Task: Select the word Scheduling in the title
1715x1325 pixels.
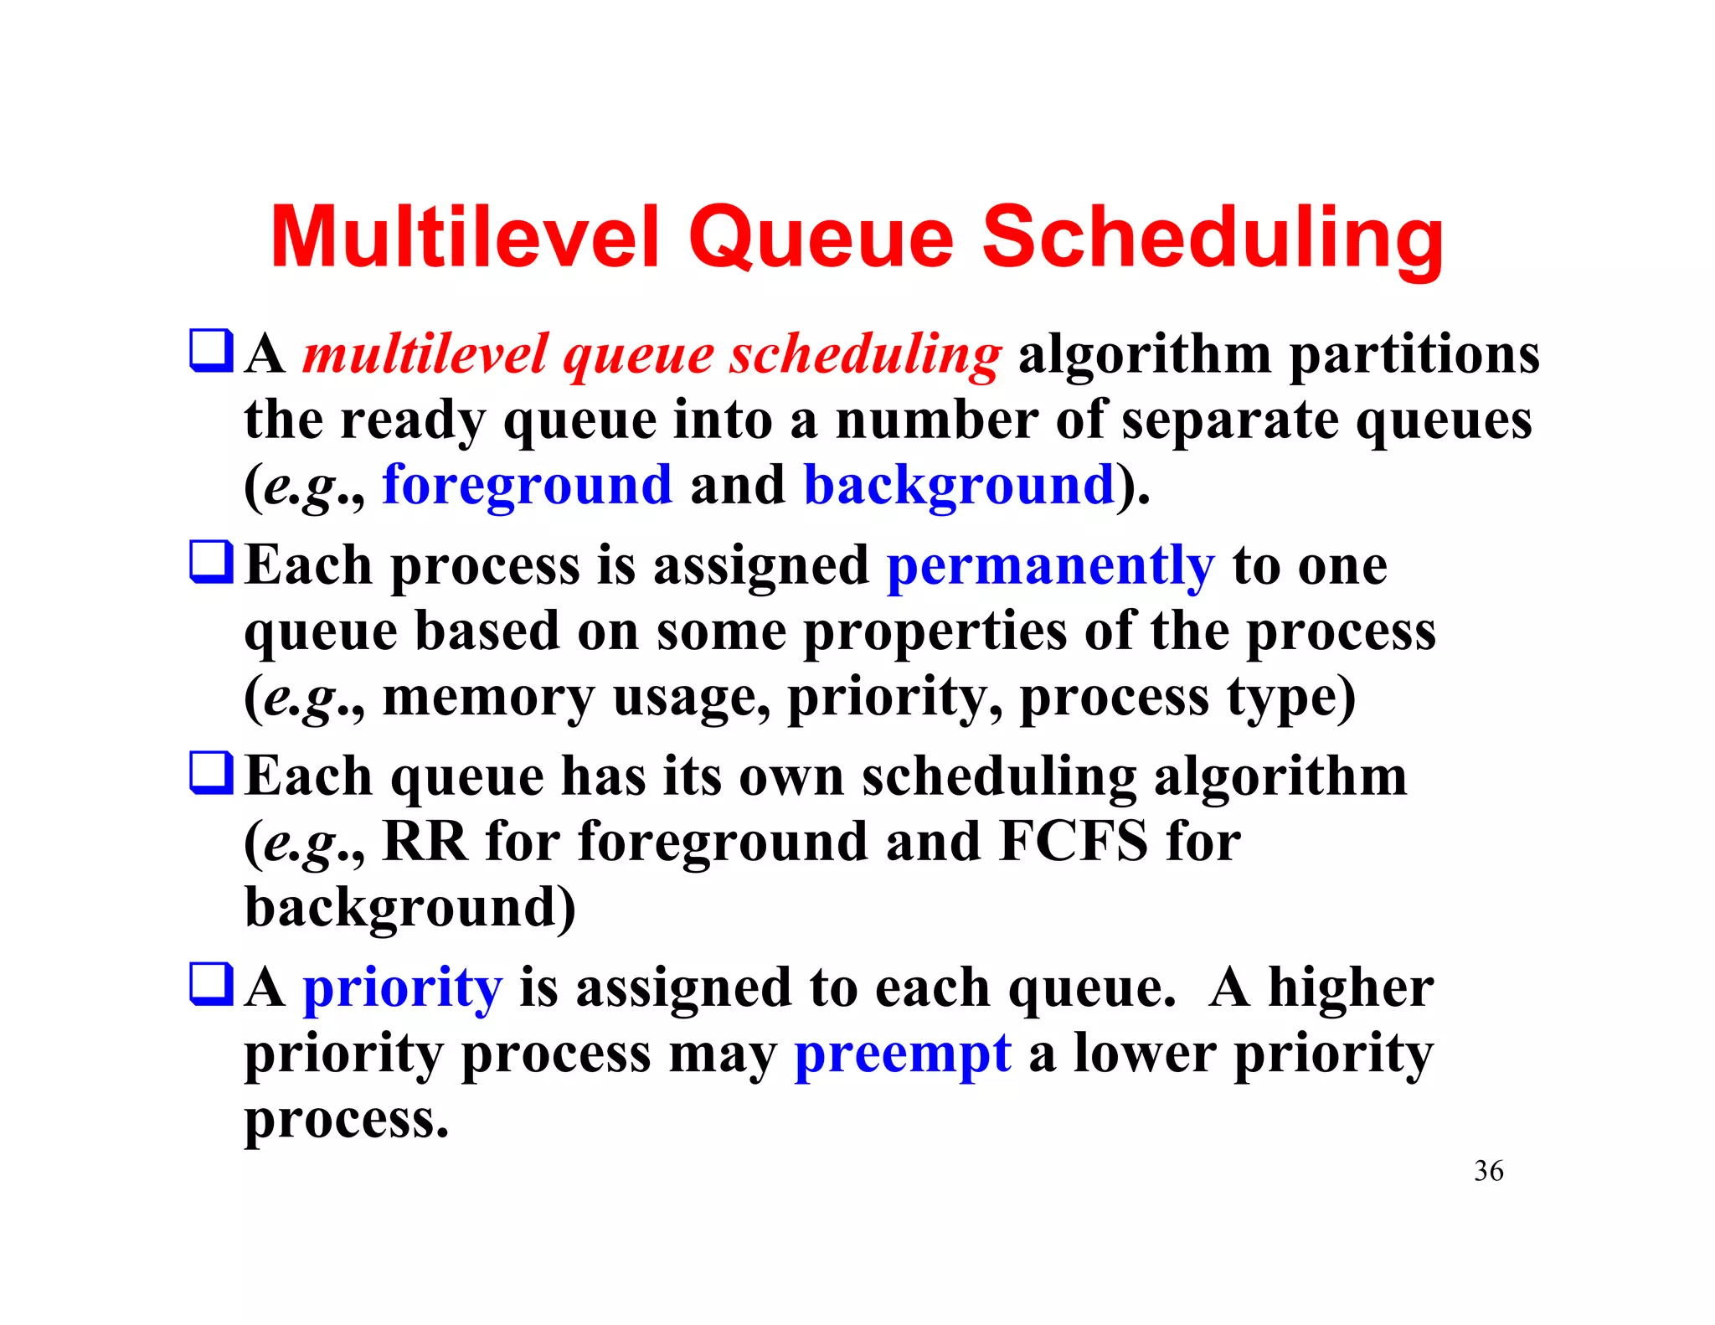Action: [1213, 239]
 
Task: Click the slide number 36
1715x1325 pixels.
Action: [1488, 1171]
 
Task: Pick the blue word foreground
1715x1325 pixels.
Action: [527, 485]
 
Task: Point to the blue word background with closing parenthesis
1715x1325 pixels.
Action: [959, 485]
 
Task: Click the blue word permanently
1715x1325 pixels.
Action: [1050, 566]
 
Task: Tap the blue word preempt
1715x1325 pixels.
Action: [902, 1054]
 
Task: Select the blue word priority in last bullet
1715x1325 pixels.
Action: [402, 989]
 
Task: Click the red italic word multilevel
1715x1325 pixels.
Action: [425, 353]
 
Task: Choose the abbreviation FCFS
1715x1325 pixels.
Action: [1074, 841]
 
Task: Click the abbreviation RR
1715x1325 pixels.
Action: [425, 841]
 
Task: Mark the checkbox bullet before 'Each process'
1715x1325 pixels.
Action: [211, 562]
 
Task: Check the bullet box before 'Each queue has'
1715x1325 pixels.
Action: [211, 772]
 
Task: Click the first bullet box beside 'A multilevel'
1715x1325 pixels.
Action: [211, 350]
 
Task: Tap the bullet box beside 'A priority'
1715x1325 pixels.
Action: [211, 984]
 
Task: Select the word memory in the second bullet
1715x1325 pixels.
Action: [487, 697]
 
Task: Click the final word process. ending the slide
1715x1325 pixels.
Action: [346, 1120]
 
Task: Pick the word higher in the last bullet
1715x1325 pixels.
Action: [1350, 987]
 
